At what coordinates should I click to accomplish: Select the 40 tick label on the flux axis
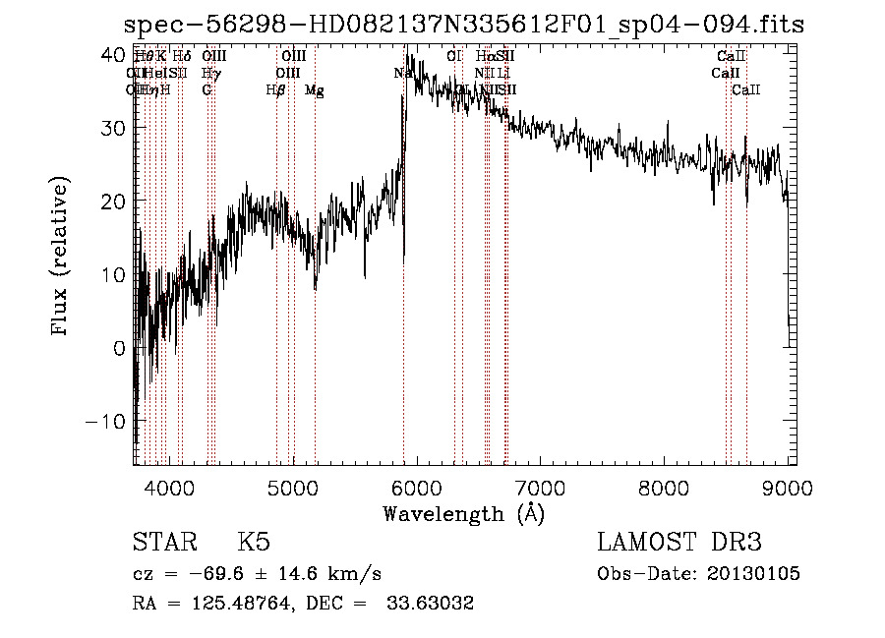114,55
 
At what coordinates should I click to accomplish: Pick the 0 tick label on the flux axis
120,348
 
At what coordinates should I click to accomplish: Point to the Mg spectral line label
314,90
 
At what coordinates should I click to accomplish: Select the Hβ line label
275,90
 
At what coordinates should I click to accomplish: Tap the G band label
206,90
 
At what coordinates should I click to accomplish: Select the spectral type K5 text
254,543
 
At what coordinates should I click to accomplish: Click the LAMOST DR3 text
679,543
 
